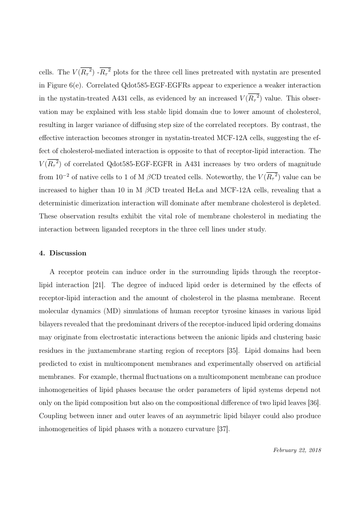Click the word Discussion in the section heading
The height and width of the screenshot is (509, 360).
click(x=68, y=253)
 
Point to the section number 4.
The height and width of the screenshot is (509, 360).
click(x=41, y=253)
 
